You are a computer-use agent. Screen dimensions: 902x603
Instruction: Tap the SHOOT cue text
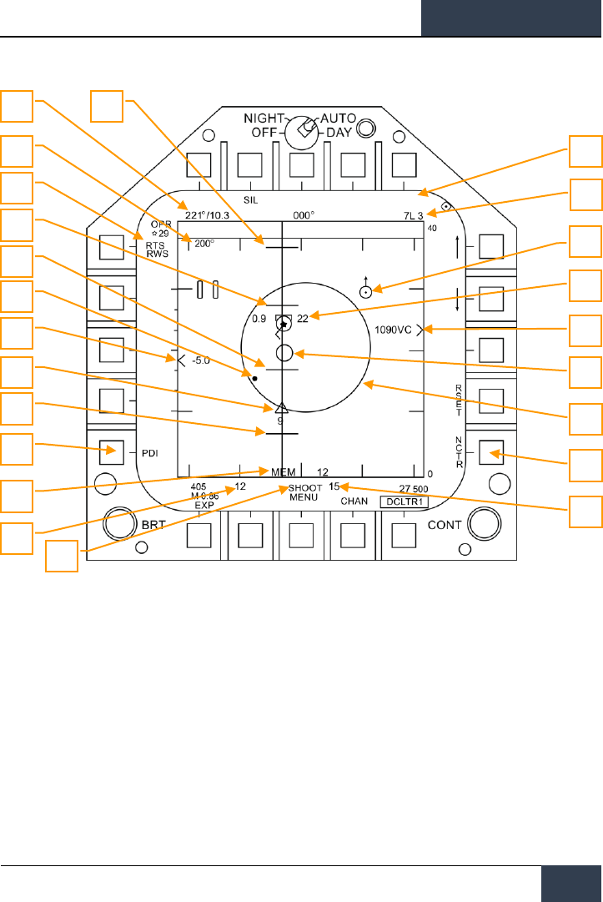305,487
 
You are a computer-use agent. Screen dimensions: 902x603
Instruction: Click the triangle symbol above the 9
280,408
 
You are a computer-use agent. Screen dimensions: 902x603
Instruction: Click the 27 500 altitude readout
414,488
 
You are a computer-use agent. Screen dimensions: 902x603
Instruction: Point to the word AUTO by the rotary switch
339,118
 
